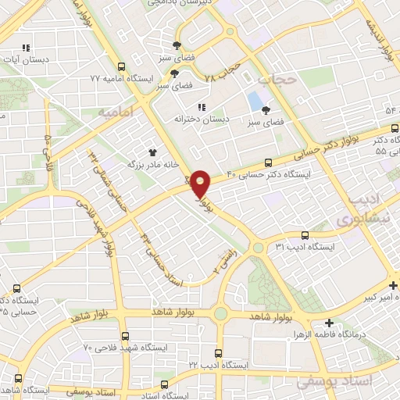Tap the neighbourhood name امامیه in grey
pos(117,112)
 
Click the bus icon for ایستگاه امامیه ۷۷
pos(121,68)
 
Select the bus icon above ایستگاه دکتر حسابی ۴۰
pos(268,163)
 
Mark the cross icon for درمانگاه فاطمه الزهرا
pos(329,323)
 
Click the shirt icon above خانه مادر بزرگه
pos(154,152)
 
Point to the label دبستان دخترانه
pos(205,119)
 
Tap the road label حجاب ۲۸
pos(220,75)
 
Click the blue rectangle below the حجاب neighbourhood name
pos(255,102)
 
